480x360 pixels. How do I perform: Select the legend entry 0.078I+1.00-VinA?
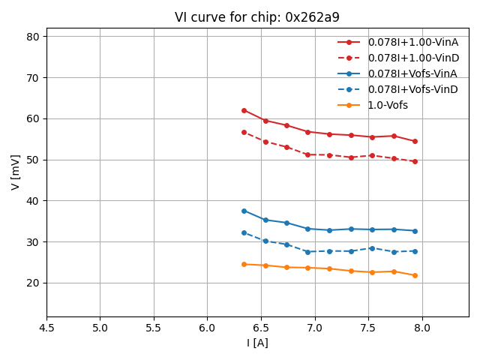412,42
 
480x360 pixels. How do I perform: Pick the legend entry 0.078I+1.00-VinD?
413,58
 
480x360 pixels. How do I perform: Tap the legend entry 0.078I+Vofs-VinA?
412,73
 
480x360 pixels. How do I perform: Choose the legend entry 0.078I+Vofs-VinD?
412,89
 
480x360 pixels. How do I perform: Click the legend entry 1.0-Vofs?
388,105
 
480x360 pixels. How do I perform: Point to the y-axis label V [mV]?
15,172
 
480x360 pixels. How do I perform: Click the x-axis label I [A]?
257,343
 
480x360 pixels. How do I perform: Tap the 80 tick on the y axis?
34,37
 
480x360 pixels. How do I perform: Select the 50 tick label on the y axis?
34,160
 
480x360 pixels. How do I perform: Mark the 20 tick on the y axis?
34,283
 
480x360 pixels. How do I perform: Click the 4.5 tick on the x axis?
46,328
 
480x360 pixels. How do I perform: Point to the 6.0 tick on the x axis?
207,328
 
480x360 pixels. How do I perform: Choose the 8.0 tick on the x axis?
421,328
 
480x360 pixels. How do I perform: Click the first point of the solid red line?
244,110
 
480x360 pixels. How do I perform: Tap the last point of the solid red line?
415,141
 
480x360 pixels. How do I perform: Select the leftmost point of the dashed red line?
244,132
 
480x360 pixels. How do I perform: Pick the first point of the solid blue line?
244,211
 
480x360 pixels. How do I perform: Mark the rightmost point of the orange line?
415,275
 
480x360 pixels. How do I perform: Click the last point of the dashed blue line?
415,251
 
